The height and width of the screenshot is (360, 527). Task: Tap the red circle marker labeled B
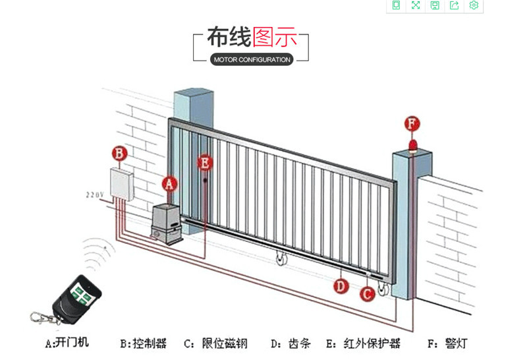point(119,154)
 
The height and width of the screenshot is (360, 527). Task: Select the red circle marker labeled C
point(368,294)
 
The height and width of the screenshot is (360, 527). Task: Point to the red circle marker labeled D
point(340,286)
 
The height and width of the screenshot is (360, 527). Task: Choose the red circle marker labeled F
point(412,123)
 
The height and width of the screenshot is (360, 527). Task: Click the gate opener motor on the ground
point(165,224)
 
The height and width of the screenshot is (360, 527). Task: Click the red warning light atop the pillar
point(412,145)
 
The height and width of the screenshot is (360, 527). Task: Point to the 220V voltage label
point(95,195)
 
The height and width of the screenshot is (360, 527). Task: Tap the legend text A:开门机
point(67,343)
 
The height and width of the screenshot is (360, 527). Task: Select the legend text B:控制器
point(143,343)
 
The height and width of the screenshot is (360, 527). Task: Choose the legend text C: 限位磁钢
point(215,343)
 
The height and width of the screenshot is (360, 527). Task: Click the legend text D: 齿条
point(286,343)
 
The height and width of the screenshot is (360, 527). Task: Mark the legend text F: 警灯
point(448,343)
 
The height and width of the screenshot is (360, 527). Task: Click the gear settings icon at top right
point(473,5)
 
